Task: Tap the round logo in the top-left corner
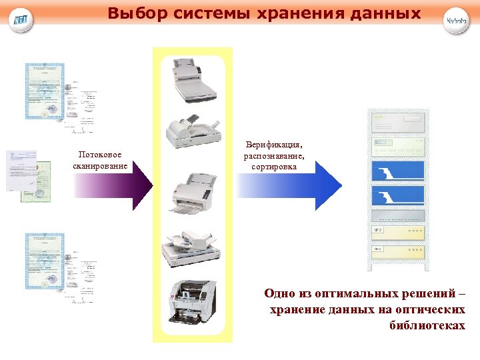[22, 21]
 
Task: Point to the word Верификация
[274, 144]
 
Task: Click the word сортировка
[274, 166]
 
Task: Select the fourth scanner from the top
[193, 247]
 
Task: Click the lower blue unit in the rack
[399, 196]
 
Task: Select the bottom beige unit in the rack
[399, 251]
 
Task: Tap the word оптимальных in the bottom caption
[343, 293]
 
